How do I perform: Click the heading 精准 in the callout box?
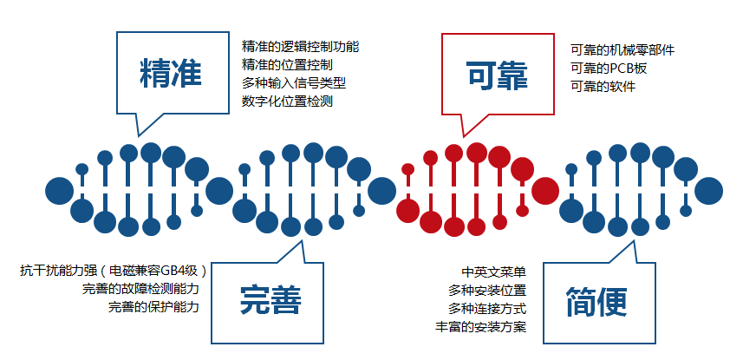pyautogui.click(x=170, y=75)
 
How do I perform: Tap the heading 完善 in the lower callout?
pyautogui.click(x=270, y=301)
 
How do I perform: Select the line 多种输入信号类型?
pyautogui.click(x=294, y=82)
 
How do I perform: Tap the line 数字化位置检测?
pyautogui.click(x=288, y=101)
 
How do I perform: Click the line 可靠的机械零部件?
pyautogui.click(x=622, y=50)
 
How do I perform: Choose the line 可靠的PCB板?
pyautogui.click(x=609, y=69)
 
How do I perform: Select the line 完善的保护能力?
pyautogui.click(x=153, y=307)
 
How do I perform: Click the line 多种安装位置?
pyautogui.click(x=487, y=290)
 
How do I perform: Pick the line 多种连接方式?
pyautogui.click(x=487, y=308)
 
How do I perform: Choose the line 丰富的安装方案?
pyautogui.click(x=481, y=327)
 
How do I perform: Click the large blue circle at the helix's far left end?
pyautogui.click(x=59, y=190)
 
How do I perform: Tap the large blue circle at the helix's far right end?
pyautogui.click(x=709, y=190)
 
